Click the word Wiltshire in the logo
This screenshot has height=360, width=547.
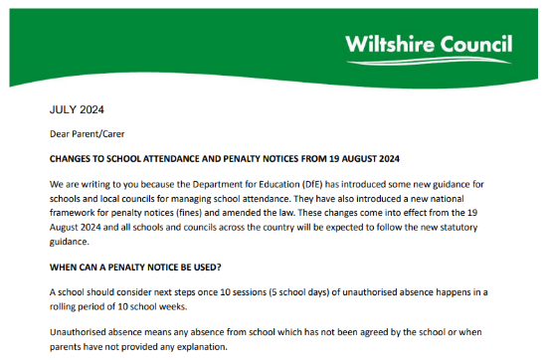388,44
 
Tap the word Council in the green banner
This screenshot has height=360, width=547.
473,44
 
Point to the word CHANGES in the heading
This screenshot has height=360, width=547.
74,158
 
